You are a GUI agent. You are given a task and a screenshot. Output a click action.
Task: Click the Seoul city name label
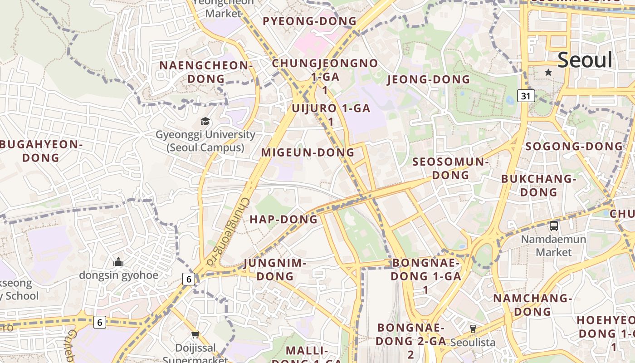[585, 60]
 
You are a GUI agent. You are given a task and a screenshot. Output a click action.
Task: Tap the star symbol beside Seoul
[548, 72]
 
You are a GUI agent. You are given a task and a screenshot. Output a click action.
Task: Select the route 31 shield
[526, 96]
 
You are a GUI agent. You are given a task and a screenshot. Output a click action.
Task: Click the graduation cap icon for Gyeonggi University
[205, 122]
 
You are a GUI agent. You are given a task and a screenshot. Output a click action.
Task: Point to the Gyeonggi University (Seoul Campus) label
[205, 141]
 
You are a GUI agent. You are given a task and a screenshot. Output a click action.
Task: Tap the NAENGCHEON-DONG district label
[206, 72]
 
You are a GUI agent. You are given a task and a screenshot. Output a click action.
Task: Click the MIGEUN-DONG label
[308, 152]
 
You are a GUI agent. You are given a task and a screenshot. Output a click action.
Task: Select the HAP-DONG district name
[283, 220]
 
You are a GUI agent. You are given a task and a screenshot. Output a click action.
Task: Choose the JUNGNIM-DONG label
[275, 270]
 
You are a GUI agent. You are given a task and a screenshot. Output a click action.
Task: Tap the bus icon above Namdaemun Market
[553, 226]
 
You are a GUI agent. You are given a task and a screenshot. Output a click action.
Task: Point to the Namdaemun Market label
[553, 245]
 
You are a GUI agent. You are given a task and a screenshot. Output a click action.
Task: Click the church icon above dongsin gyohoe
[118, 262]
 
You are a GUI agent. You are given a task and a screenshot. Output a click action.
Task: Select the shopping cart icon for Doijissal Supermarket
[195, 335]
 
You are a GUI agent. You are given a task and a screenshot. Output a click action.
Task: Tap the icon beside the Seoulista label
[473, 329]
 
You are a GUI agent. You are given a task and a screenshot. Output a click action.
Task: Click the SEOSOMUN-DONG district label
[450, 168]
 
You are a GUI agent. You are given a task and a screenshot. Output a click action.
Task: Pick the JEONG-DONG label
[428, 80]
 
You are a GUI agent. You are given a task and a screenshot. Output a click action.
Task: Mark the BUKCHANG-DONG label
[538, 185]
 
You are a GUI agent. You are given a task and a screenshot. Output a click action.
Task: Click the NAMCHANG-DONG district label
[532, 305]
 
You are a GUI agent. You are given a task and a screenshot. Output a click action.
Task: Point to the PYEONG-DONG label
[310, 21]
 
